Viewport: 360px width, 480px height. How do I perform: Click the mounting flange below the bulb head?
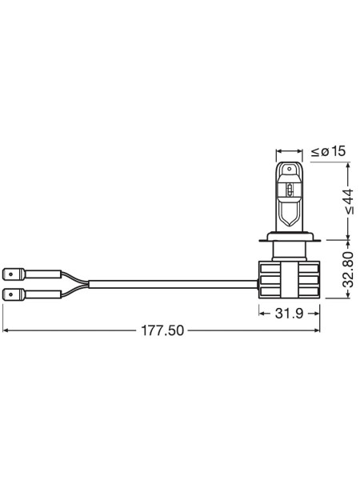click(x=289, y=238)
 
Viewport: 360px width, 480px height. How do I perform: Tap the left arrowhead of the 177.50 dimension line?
click(x=6, y=330)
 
